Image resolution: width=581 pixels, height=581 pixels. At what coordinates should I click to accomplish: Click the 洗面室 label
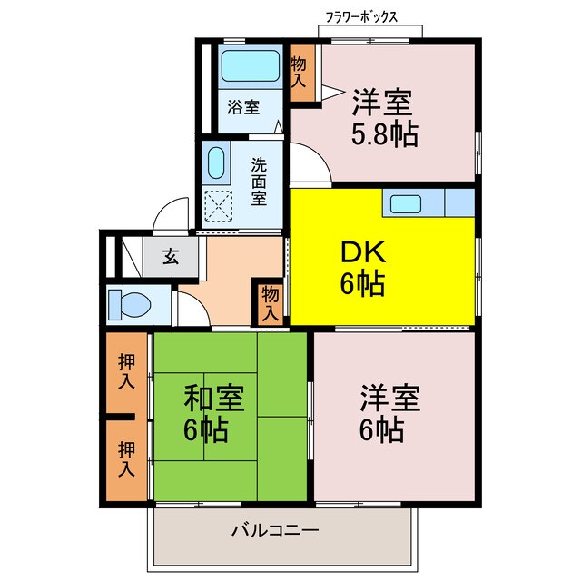pos(260,181)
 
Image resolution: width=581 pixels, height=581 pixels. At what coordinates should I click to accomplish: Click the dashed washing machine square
pos(218,207)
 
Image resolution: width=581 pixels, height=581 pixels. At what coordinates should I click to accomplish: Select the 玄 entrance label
pos(170,256)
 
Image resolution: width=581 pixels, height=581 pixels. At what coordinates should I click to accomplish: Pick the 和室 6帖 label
pos(213,413)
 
